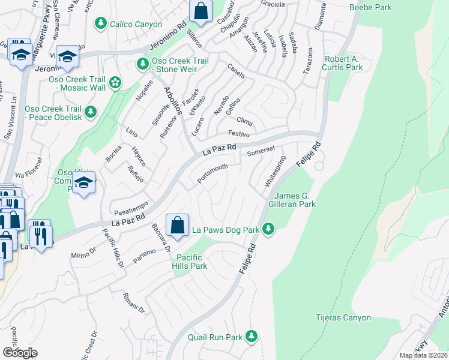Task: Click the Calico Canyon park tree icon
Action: [x=101, y=23]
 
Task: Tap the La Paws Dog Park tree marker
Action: [x=268, y=229]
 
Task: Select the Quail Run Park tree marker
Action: [x=254, y=336]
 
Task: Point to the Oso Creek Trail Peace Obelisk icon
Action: [x=91, y=111]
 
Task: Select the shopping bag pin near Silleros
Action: [x=200, y=10]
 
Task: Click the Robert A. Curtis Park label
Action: [x=343, y=63]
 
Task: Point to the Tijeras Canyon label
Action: [x=344, y=317]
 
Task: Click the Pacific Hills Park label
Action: [x=189, y=262]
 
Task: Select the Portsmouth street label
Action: [x=212, y=173]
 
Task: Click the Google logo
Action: [x=20, y=352]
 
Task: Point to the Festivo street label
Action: [x=238, y=134]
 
